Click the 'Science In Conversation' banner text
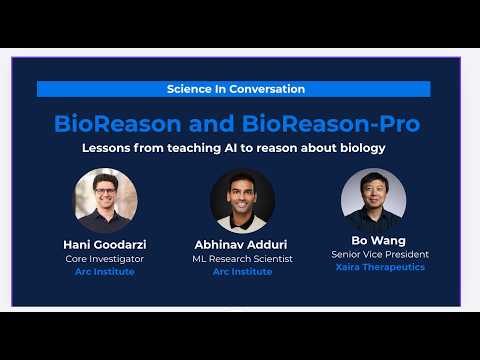236,89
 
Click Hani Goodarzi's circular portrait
105,200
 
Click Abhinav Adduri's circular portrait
242,201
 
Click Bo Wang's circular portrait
373,201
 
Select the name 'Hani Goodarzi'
105,245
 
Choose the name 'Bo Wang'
373,241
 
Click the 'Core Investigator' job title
105,259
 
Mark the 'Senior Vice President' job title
373,255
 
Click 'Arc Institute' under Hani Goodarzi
105,271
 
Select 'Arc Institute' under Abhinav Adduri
242,272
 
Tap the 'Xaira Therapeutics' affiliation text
373,267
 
